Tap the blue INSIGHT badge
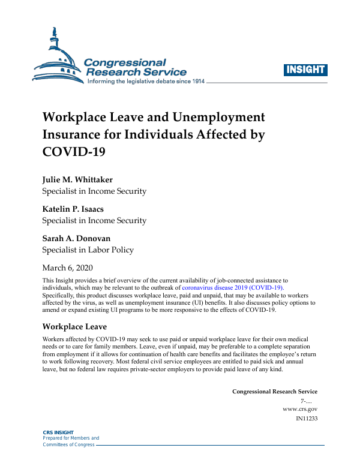(x=305, y=69)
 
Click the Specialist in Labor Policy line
(x=88, y=249)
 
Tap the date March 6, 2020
(x=67, y=267)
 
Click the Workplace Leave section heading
(x=74, y=327)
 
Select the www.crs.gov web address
(x=299, y=408)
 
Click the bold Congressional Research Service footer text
(x=275, y=392)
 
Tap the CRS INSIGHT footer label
(x=57, y=432)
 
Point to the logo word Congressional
(x=124, y=62)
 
